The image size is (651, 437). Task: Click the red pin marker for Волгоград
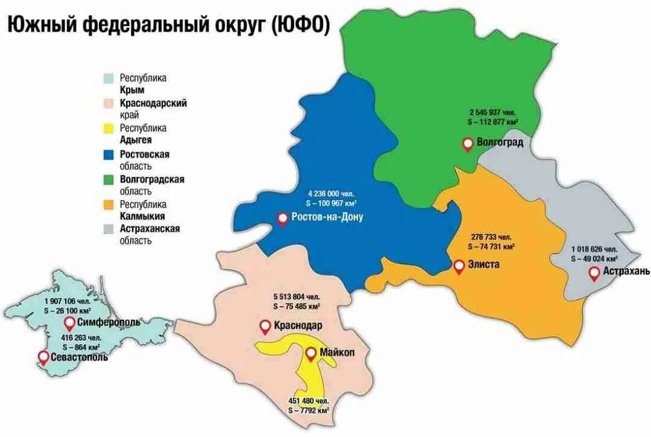(x=467, y=143)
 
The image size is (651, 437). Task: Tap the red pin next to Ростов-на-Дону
(x=282, y=219)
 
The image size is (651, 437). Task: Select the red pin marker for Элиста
(x=459, y=265)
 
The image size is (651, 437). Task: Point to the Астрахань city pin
(x=594, y=273)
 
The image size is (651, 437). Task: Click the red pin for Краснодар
(x=265, y=326)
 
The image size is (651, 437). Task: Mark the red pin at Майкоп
(x=310, y=354)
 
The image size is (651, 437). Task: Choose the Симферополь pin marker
(x=69, y=322)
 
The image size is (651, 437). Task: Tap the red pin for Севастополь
(x=42, y=357)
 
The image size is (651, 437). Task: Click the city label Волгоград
(x=500, y=143)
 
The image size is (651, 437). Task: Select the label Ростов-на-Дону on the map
(x=327, y=217)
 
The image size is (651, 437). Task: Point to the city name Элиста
(x=484, y=264)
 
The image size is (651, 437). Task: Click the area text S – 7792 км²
(x=308, y=410)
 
